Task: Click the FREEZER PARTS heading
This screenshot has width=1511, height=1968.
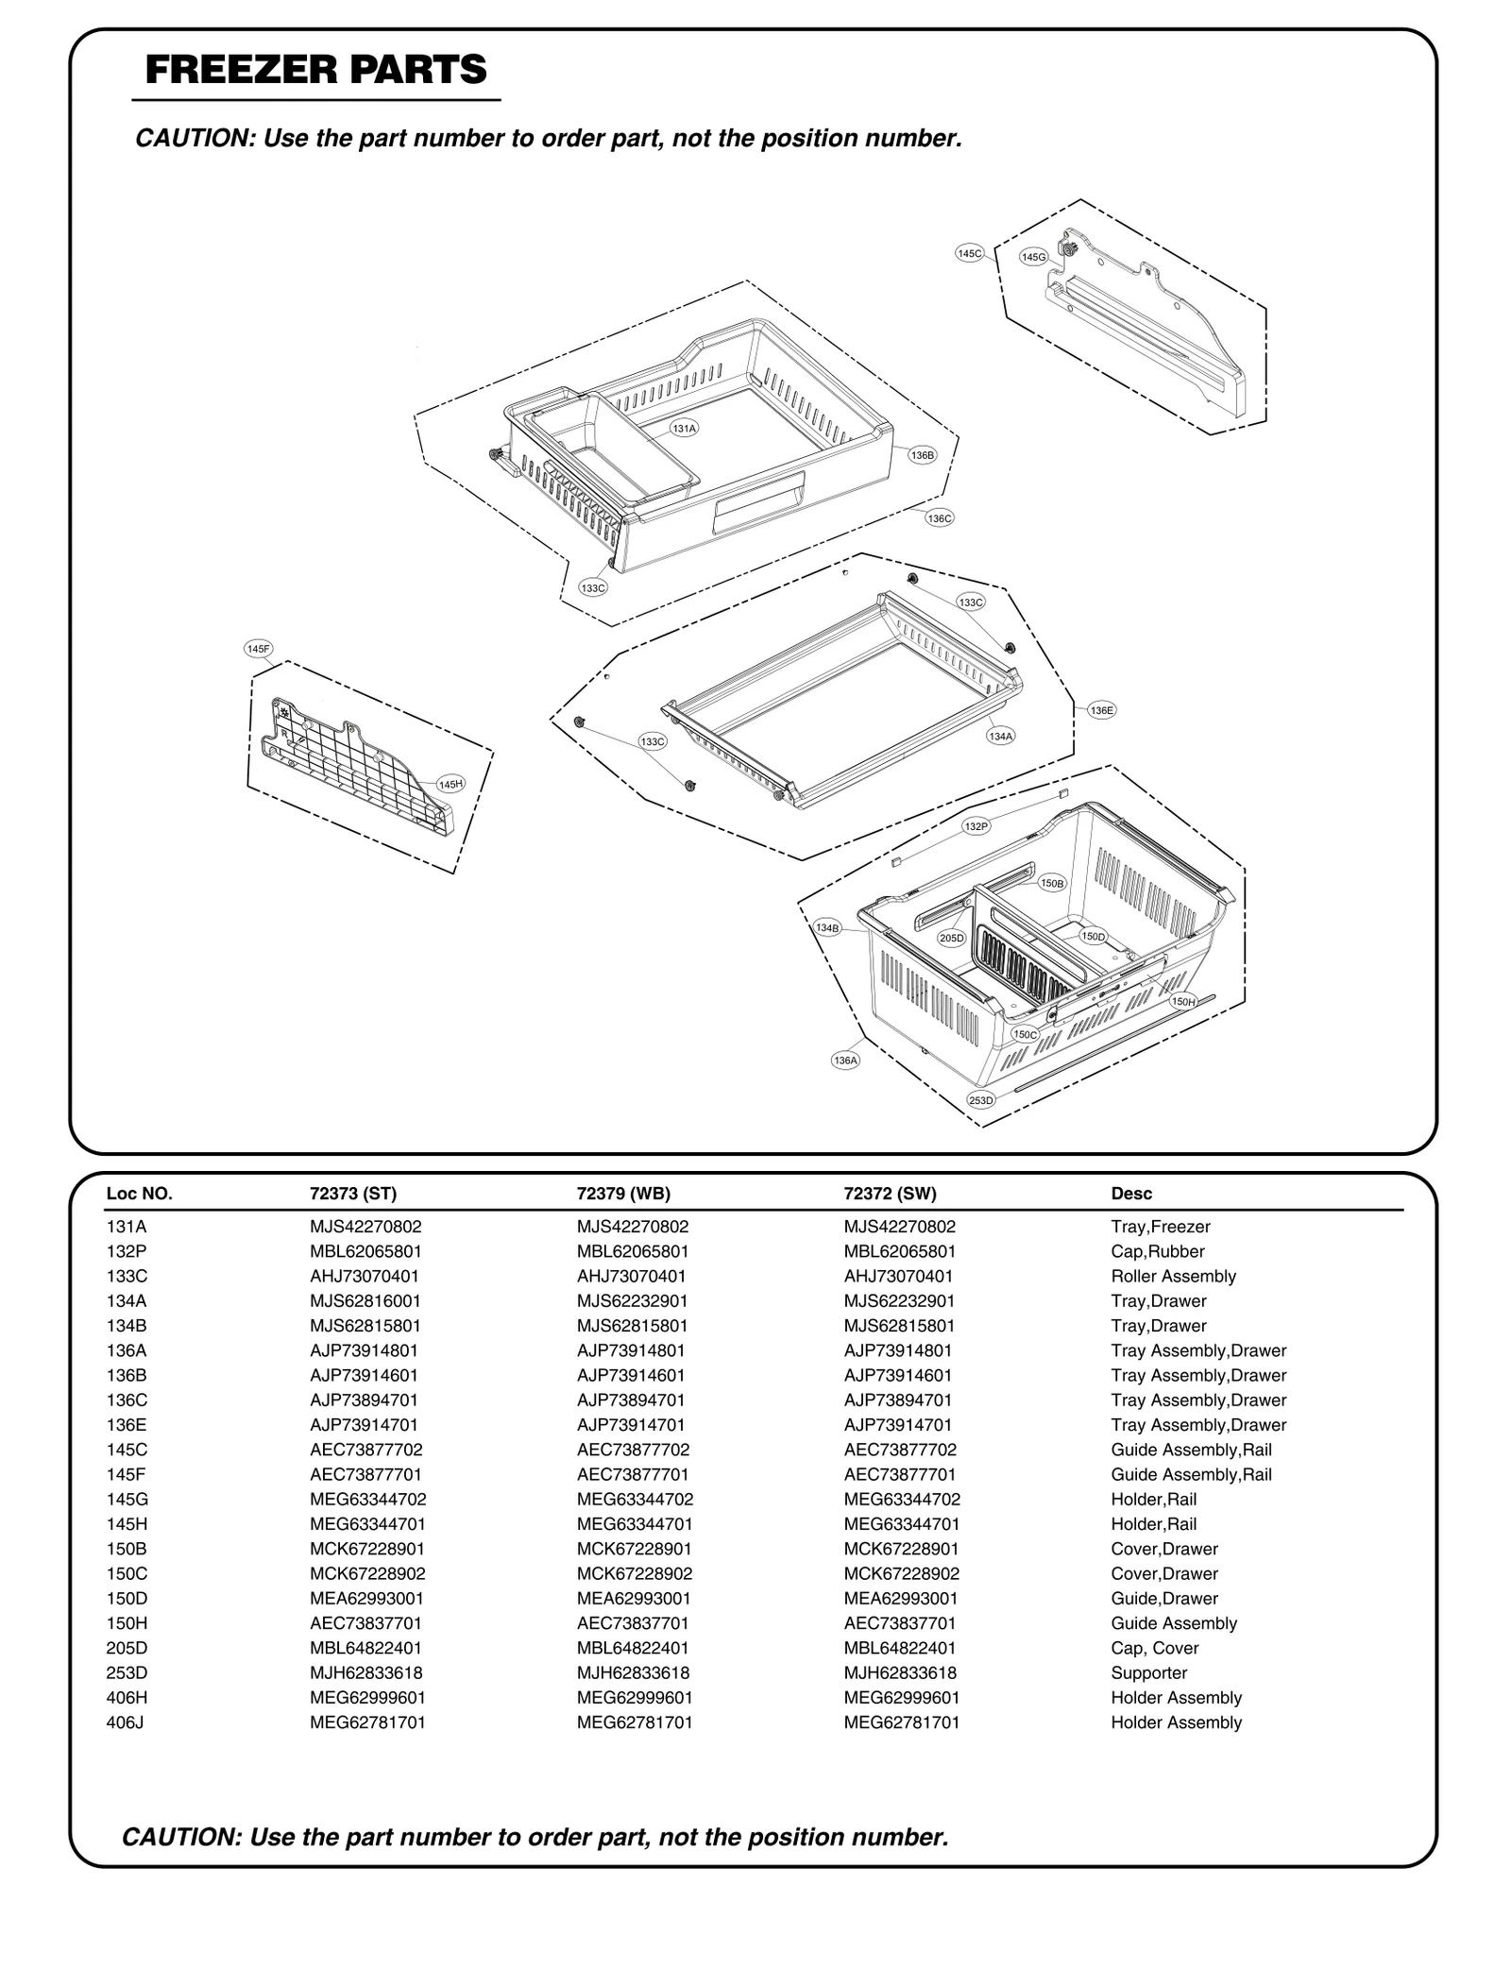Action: (x=316, y=70)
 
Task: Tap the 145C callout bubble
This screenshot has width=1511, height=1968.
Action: (x=970, y=253)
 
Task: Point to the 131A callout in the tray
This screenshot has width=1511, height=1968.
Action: (x=684, y=428)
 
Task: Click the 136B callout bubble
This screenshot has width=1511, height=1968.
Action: (x=922, y=455)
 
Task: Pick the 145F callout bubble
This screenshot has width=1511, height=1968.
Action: (x=258, y=649)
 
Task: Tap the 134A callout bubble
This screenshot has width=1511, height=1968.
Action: (x=1000, y=736)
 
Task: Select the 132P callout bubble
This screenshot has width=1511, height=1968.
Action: (x=976, y=826)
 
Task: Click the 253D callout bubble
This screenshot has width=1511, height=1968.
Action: (x=981, y=1100)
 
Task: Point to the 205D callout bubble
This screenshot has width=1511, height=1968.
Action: (x=951, y=938)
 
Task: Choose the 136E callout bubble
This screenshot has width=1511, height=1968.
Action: (x=1101, y=710)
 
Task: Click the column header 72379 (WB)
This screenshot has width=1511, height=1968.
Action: (x=623, y=1193)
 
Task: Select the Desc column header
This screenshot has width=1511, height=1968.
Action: (x=1131, y=1193)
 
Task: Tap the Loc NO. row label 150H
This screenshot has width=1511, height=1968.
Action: (x=127, y=1622)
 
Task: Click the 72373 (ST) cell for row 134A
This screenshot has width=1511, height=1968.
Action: (x=365, y=1300)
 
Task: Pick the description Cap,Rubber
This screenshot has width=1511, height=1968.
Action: (x=1158, y=1251)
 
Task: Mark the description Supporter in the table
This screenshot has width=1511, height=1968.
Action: (x=1148, y=1672)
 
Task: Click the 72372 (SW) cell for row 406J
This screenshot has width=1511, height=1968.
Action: (x=901, y=1722)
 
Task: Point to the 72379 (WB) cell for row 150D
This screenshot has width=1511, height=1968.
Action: (x=634, y=1598)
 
